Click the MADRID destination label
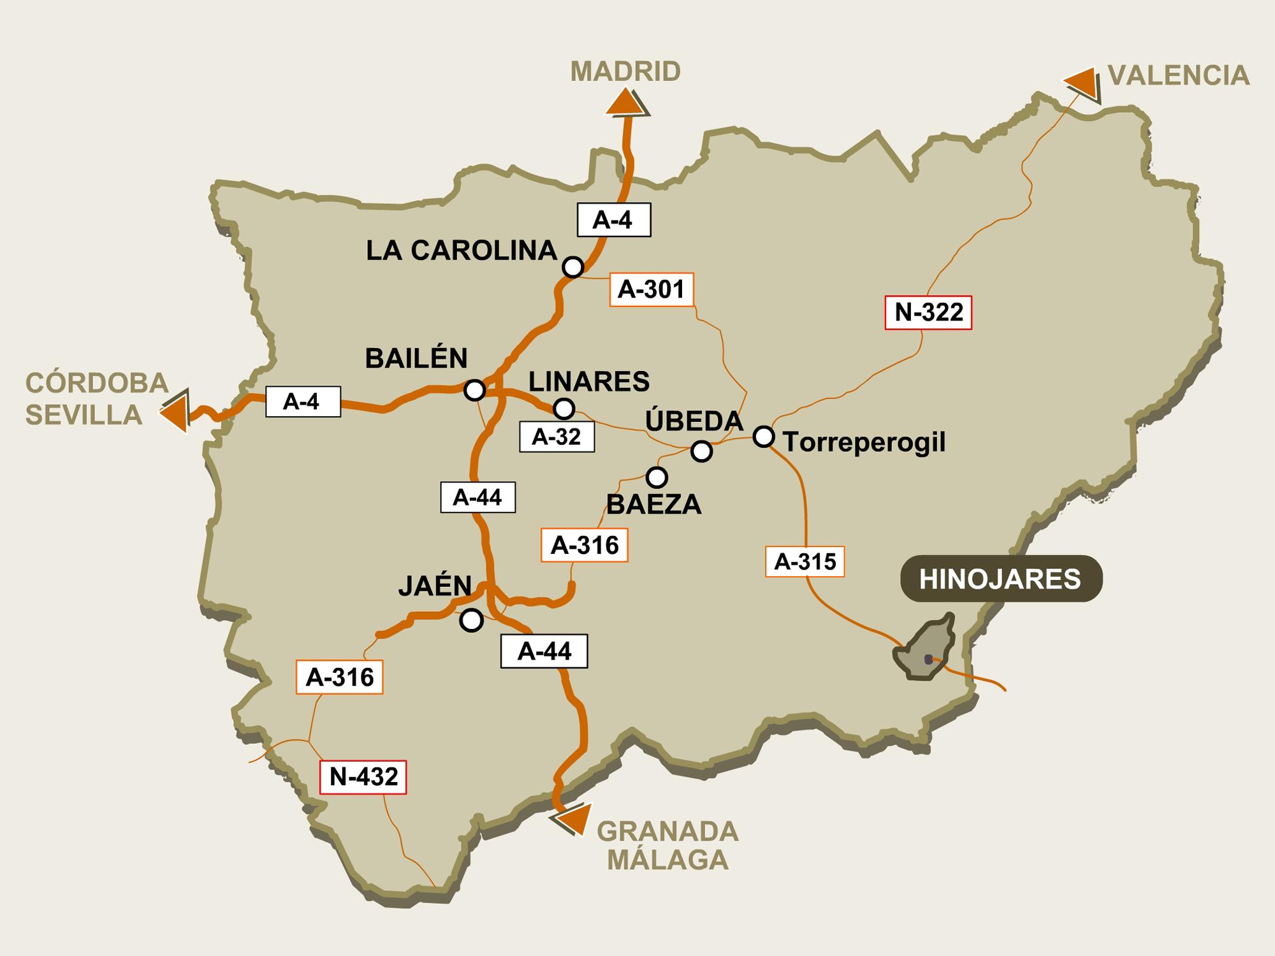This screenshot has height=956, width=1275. tap(625, 72)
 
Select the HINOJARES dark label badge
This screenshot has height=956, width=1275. tap(1001, 579)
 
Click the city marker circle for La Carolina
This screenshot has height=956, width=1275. tap(573, 267)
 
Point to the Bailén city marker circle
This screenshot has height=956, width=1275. tap(475, 390)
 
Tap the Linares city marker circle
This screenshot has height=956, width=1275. tap(564, 408)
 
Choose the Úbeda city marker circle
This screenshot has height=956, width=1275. tap(702, 451)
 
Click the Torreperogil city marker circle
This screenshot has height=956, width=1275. tap(764, 437)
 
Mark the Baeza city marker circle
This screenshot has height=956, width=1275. tap(657, 477)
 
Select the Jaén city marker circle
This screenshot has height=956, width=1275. tap(472, 620)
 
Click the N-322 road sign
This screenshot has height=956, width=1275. tap(929, 312)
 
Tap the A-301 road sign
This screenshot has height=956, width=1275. tap(652, 290)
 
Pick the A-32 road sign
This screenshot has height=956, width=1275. tap(557, 437)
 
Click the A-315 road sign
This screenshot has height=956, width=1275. tap(805, 561)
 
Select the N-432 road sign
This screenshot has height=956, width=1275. tap(363, 777)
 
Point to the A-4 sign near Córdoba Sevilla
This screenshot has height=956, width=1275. tap(302, 402)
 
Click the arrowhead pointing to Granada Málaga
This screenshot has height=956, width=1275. tap(572, 818)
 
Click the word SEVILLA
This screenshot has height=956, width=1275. tap(84, 415)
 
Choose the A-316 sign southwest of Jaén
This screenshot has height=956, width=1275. tap(340, 677)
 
